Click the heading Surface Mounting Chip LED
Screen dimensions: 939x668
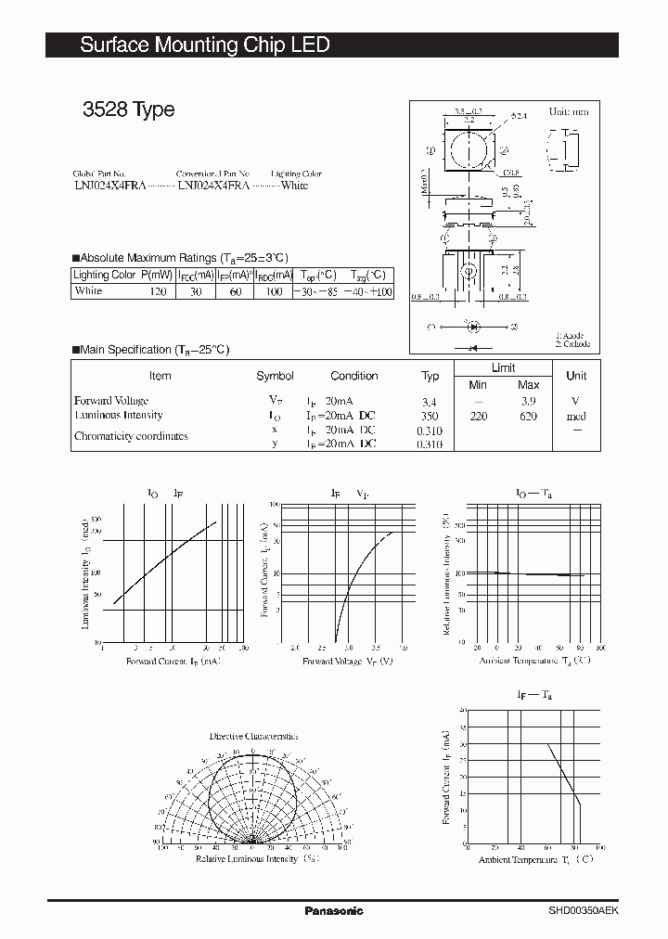click(x=204, y=45)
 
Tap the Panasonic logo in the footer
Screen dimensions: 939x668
click(x=334, y=910)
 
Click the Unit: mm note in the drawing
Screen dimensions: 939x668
click(x=569, y=111)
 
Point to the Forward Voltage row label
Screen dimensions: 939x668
click(x=112, y=401)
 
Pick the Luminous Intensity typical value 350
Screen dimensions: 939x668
click(x=430, y=417)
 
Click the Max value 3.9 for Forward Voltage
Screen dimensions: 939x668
click(x=528, y=401)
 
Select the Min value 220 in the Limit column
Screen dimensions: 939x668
click(x=477, y=417)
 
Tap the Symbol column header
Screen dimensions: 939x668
click(x=275, y=376)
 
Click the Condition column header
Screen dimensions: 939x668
click(x=353, y=376)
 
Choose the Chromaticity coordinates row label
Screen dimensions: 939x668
click(x=131, y=436)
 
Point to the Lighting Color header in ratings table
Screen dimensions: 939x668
click(x=105, y=275)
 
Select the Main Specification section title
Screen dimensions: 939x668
click(x=154, y=350)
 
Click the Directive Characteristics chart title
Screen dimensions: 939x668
click(x=253, y=736)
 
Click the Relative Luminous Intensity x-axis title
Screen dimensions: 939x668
click(x=247, y=859)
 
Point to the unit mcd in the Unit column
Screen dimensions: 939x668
click(x=576, y=417)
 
